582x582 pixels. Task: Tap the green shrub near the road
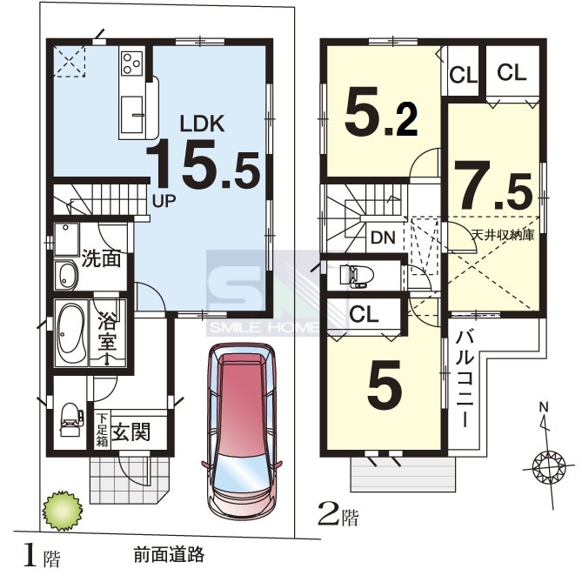pyautogui.click(x=63, y=512)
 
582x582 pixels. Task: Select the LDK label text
pyautogui.click(x=203, y=124)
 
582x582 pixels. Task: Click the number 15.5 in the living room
pyautogui.click(x=203, y=164)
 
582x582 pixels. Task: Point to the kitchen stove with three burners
pyautogui.click(x=132, y=63)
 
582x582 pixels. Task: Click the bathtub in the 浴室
pyautogui.click(x=70, y=333)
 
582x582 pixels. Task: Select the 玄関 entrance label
pyautogui.click(x=131, y=432)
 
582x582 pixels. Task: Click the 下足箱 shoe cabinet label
pyautogui.click(x=102, y=430)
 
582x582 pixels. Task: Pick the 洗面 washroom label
pyautogui.click(x=101, y=258)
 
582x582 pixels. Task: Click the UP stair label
pyautogui.click(x=164, y=201)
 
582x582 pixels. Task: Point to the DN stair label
pyautogui.click(x=383, y=237)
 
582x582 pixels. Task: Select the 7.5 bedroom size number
pyautogui.click(x=493, y=185)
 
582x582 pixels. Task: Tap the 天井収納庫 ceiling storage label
pyautogui.click(x=503, y=235)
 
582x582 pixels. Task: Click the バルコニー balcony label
pyautogui.click(x=465, y=379)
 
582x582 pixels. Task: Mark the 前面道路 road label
pyautogui.click(x=169, y=555)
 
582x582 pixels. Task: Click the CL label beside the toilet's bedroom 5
pyautogui.click(x=365, y=314)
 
